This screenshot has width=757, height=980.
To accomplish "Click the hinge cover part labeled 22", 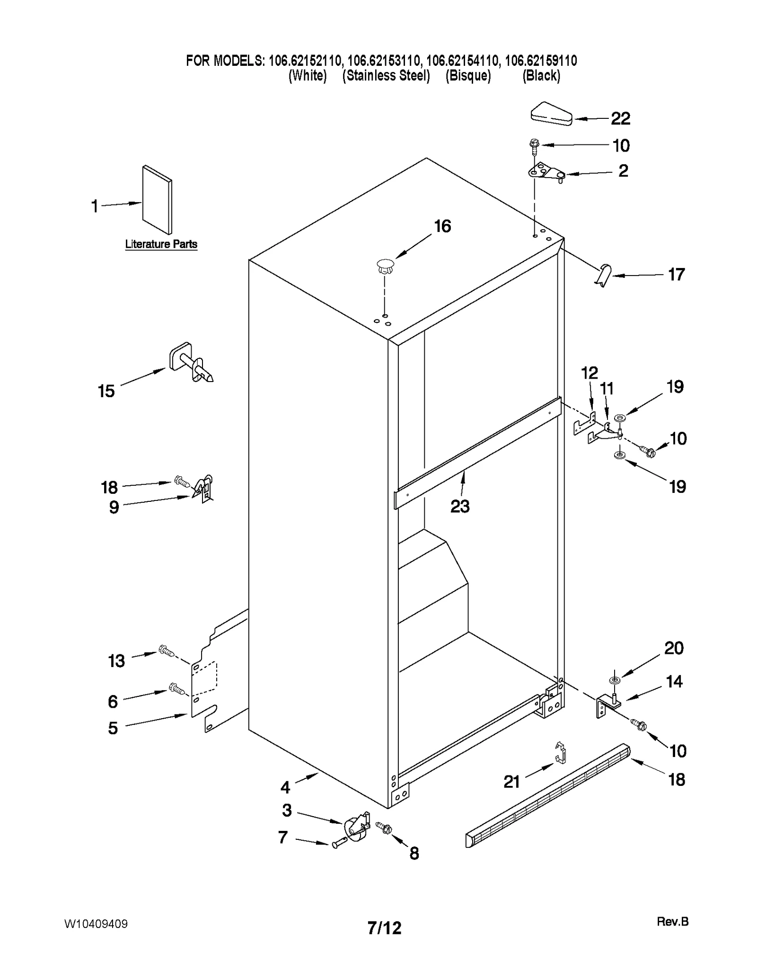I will tap(551, 114).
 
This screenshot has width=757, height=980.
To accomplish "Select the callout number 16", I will tap(442, 226).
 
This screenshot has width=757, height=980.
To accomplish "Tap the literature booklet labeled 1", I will tap(158, 199).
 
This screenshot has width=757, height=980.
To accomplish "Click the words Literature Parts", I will tap(161, 244).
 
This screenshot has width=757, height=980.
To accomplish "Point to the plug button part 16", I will tap(386, 267).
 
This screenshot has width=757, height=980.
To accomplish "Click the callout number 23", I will tap(459, 507).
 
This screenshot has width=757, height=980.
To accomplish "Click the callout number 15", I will tap(106, 391).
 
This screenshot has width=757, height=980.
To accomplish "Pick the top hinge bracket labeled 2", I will tap(546, 172).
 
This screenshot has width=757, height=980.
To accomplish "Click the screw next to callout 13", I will tap(166, 651).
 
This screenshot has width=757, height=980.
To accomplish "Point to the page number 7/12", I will tap(384, 928).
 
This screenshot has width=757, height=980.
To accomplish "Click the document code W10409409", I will tap(96, 924).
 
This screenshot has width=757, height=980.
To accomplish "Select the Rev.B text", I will tap(672, 921).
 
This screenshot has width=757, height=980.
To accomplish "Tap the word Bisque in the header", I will tap(468, 76).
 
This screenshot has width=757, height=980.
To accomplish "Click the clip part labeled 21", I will tap(560, 753).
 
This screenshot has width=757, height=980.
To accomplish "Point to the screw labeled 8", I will tap(385, 828).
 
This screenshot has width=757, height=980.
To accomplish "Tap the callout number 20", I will tap(674, 648).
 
